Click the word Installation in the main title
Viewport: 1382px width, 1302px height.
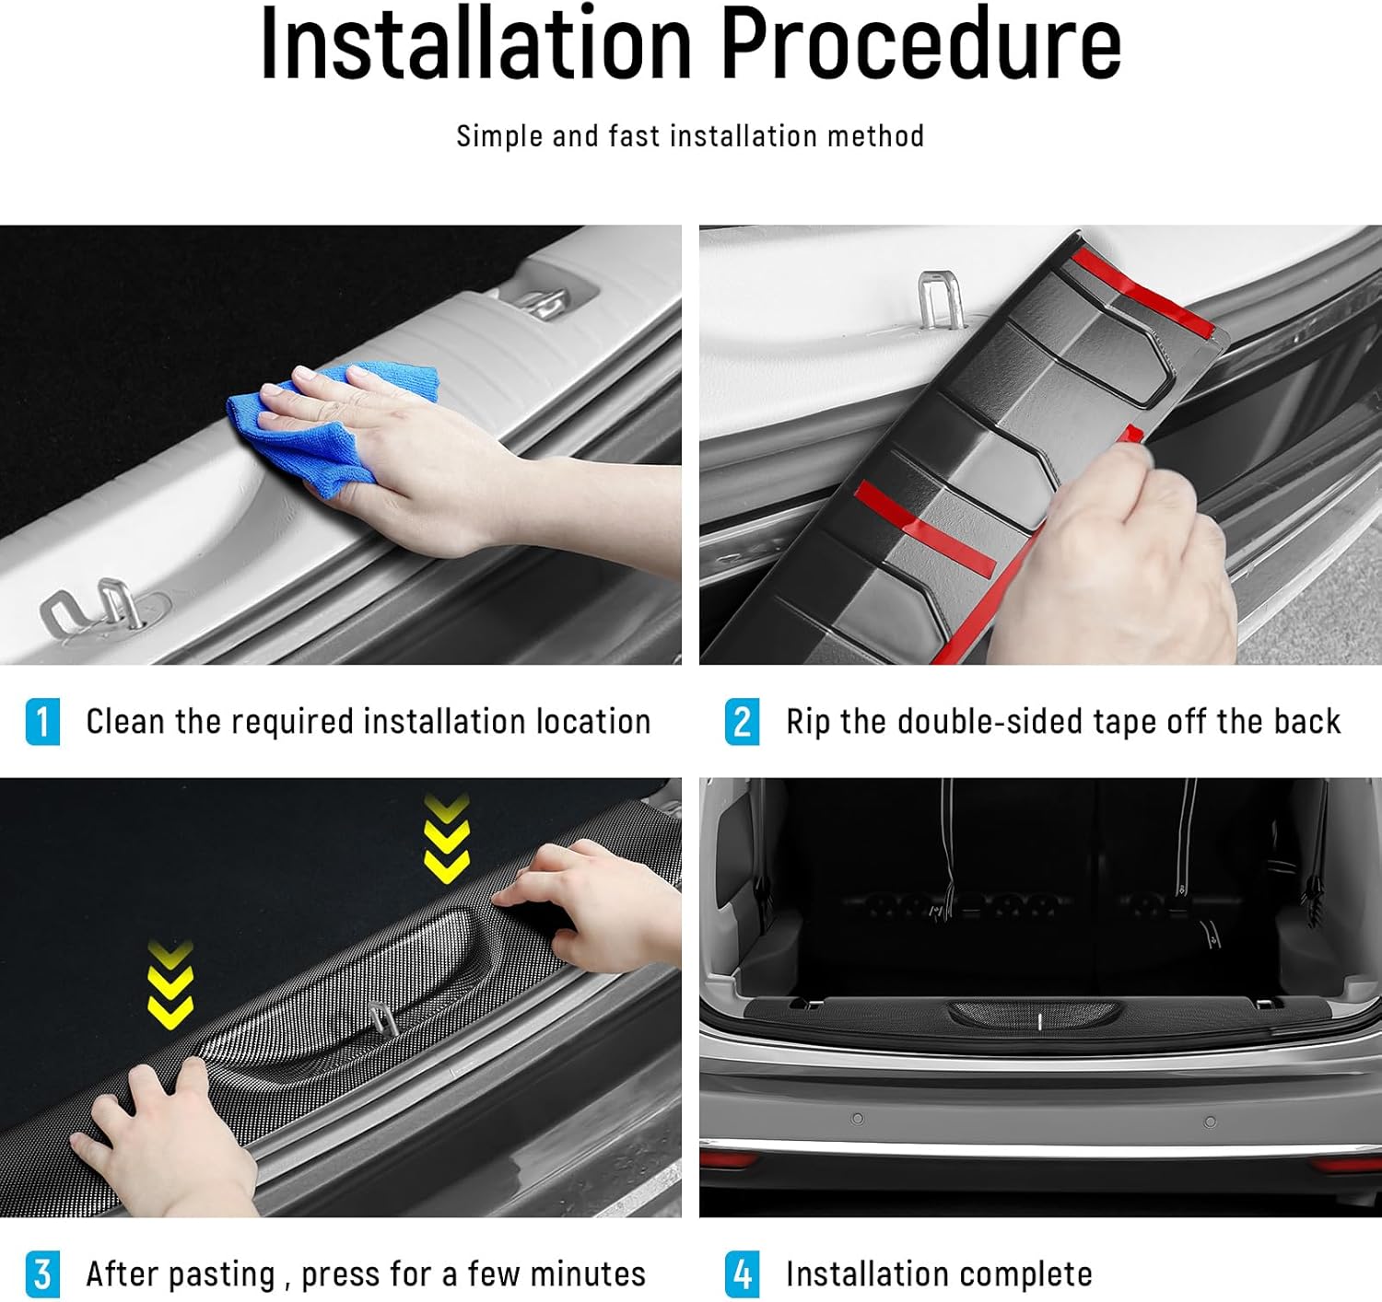tap(476, 43)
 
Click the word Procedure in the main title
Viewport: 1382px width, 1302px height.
tap(922, 43)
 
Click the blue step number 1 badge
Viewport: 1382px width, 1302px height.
tap(42, 722)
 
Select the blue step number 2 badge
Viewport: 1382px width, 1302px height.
tap(742, 722)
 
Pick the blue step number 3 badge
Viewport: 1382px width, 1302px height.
tap(42, 1274)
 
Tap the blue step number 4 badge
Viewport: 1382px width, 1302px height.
tap(742, 1274)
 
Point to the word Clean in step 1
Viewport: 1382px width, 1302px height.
tap(125, 721)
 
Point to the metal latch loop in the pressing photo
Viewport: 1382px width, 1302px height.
tap(382, 1019)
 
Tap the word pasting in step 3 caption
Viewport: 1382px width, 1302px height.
tap(222, 1276)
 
